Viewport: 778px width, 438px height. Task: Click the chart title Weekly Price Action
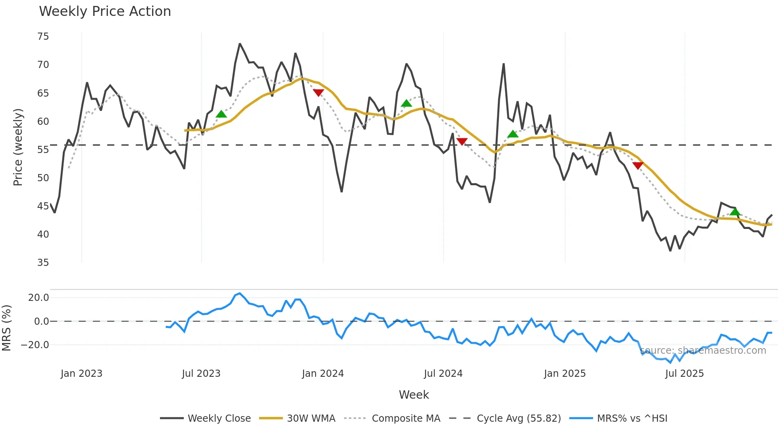click(105, 12)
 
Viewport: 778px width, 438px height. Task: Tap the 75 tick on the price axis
click(43, 37)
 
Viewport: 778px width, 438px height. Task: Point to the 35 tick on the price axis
click(43, 263)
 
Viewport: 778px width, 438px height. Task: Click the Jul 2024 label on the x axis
click(443, 374)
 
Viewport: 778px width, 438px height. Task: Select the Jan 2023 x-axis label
click(81, 374)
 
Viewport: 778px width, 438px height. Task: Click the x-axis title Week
click(414, 395)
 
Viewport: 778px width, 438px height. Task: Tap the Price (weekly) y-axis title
click(18, 147)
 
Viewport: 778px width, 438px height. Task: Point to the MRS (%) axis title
click(6, 328)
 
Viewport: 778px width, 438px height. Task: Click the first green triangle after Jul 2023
click(221, 114)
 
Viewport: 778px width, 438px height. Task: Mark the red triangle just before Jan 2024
click(318, 93)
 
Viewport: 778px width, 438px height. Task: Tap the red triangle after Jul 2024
click(462, 141)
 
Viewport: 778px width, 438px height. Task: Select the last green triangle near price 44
click(735, 211)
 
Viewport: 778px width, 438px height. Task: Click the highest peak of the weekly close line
click(240, 44)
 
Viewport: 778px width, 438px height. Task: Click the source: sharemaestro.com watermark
click(703, 351)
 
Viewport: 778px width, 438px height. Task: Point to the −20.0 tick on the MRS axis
click(35, 345)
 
